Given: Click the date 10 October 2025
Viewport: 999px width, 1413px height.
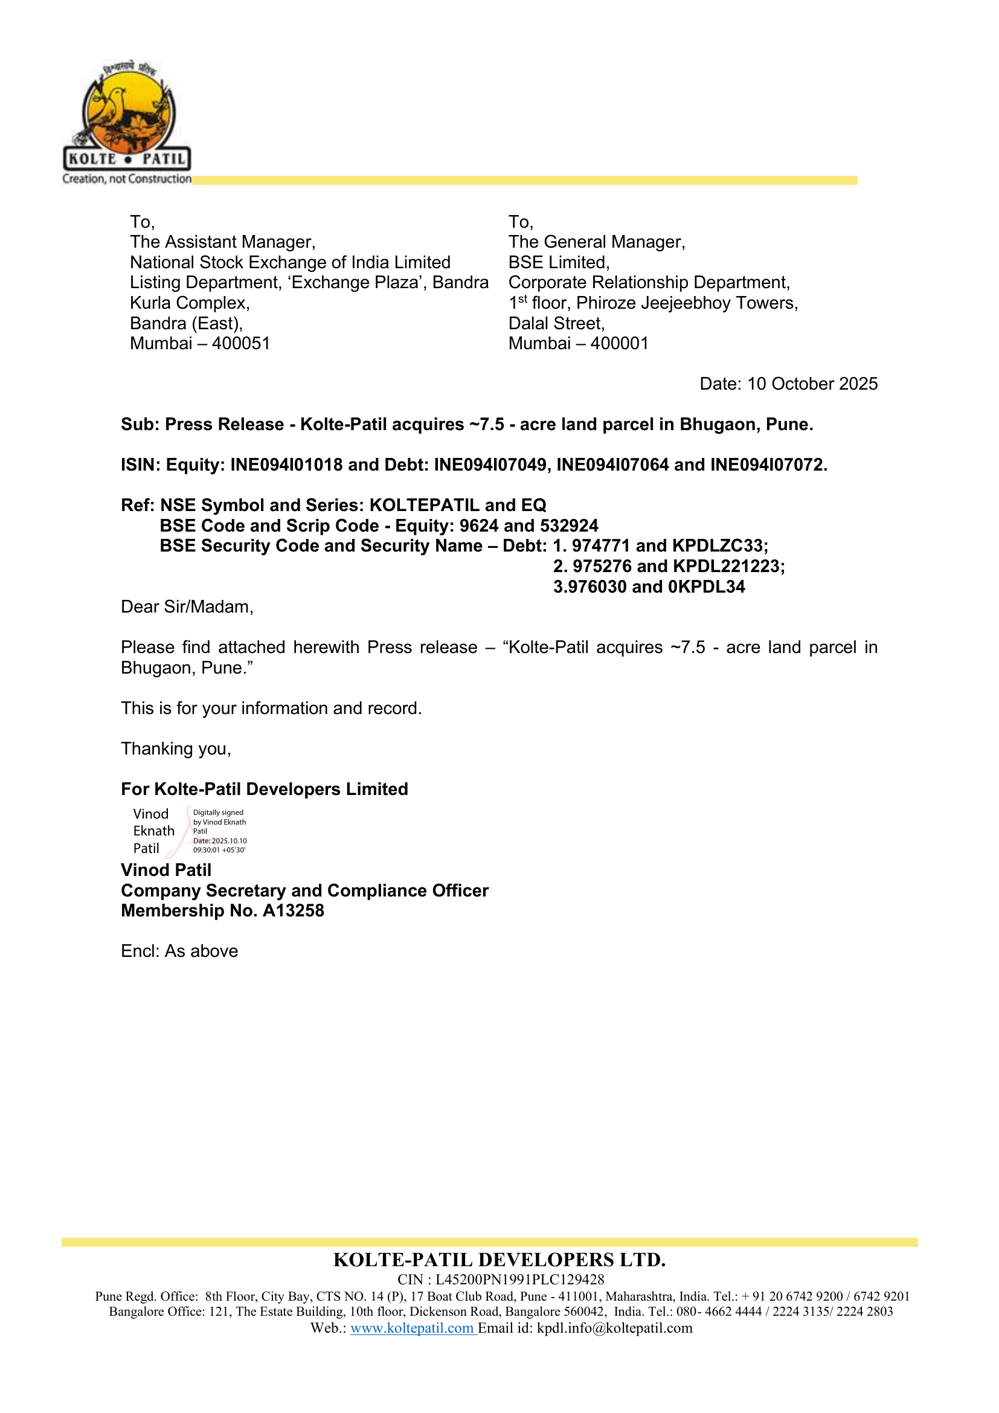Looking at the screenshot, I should (x=812, y=384).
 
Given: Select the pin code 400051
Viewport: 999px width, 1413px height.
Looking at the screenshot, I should (x=241, y=343).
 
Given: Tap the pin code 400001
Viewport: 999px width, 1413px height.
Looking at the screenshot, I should (x=620, y=343).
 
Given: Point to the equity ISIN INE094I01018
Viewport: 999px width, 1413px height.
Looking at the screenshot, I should (x=286, y=465).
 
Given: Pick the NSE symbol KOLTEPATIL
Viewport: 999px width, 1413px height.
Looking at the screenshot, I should (x=424, y=505).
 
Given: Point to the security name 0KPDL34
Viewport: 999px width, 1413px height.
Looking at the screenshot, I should (x=706, y=587).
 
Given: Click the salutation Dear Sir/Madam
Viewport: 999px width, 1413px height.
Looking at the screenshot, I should (x=187, y=607).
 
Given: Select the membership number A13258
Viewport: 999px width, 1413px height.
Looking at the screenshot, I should (x=294, y=911).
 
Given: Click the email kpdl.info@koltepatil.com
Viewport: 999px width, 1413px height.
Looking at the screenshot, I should (x=614, y=1328).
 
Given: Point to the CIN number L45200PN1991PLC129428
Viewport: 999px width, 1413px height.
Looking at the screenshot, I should (x=520, y=1280).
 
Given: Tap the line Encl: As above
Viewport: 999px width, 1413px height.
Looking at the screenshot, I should (x=179, y=951).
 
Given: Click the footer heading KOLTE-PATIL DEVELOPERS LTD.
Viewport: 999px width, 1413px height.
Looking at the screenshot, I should (x=500, y=1260).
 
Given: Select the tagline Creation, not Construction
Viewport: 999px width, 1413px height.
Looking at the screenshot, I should (x=127, y=179).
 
